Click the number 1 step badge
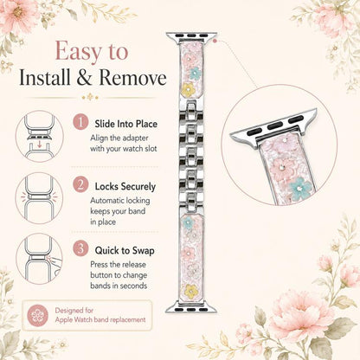point(80,122)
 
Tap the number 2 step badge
point(80,184)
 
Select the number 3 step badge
point(80,248)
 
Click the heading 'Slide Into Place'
point(126,124)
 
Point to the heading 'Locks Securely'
point(125,187)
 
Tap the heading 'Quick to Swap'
point(125,250)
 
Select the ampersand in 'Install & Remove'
point(84,78)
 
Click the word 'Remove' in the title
point(132,78)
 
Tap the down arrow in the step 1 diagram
point(40,145)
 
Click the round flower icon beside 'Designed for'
point(38,315)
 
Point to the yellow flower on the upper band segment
point(188,88)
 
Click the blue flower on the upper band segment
point(195,74)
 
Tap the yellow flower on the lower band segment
point(190,291)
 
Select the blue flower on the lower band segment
point(188,222)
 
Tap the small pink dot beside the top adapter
point(215,41)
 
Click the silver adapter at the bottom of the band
point(191,307)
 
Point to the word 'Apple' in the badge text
point(64,320)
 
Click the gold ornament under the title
point(90,97)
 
